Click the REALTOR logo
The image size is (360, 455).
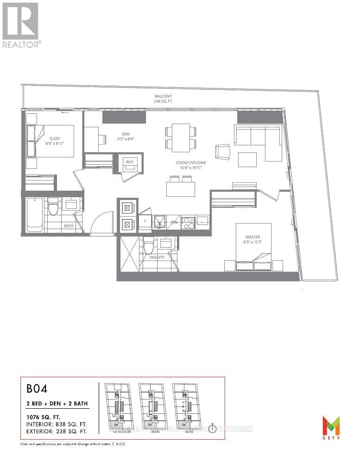pyautogui.click(x=20, y=25)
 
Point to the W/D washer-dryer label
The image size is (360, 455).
pyautogui.click(x=129, y=162)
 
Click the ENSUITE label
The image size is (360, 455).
pyautogui.click(x=156, y=257)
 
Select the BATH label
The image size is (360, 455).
pyautogui.click(x=69, y=226)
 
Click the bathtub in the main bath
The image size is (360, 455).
pyautogui.click(x=35, y=214)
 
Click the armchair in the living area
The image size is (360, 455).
pyautogui.click(x=222, y=151)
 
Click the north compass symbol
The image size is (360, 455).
pyautogui.click(x=212, y=428)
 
